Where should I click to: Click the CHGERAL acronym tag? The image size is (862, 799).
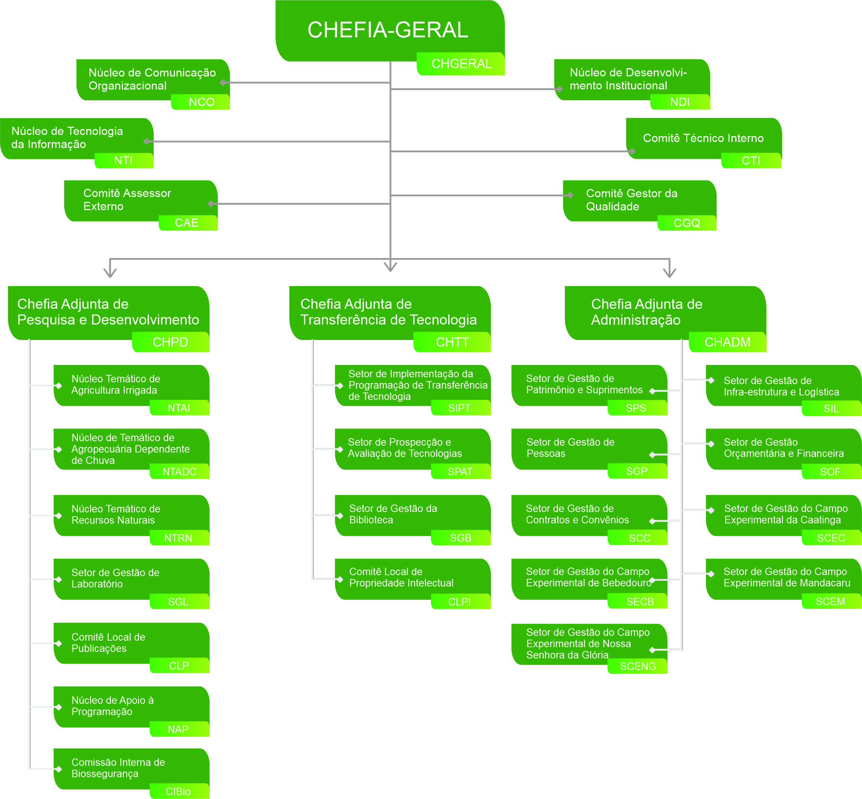click(x=461, y=64)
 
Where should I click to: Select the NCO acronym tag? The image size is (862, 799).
click(x=202, y=102)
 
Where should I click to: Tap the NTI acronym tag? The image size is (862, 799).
click(x=123, y=160)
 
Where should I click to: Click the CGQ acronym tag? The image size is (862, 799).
click(x=687, y=223)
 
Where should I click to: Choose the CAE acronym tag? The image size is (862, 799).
click(x=187, y=223)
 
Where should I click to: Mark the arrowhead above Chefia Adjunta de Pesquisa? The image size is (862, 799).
click(x=110, y=273)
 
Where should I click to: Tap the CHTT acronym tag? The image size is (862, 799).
click(x=452, y=342)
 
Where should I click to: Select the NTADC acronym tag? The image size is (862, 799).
click(x=179, y=472)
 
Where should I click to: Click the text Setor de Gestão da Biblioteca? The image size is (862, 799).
click(x=393, y=514)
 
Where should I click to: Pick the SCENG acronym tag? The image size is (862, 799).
click(x=638, y=666)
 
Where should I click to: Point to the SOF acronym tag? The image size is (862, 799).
click(x=830, y=472)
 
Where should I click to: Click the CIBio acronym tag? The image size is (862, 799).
click(x=178, y=792)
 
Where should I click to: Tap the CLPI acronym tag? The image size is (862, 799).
click(x=459, y=602)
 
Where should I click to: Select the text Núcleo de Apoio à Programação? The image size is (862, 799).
click(x=112, y=706)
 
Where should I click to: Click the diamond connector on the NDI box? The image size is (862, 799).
click(x=559, y=89)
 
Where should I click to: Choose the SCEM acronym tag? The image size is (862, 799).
click(x=830, y=601)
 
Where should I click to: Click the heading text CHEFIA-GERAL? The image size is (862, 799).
click(x=388, y=30)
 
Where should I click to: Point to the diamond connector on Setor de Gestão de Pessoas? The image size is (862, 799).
click(x=652, y=455)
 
